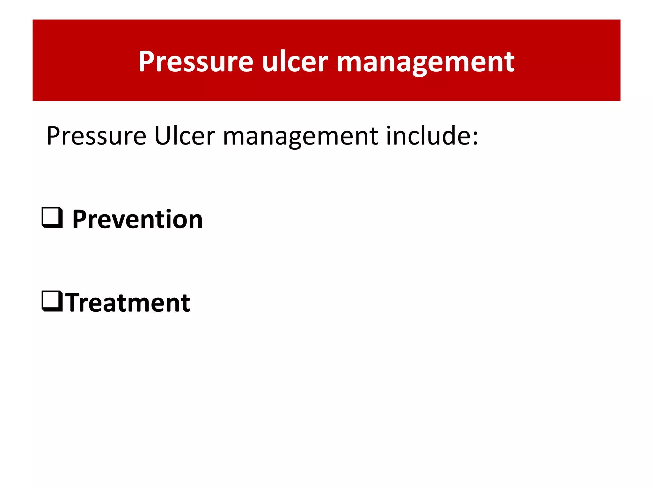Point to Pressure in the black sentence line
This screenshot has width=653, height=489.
click(96, 136)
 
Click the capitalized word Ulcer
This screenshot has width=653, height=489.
click(185, 136)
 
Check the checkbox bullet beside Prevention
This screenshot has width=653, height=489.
click(52, 218)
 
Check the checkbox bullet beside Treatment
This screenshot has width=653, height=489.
click(52, 301)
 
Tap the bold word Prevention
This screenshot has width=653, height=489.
click(137, 219)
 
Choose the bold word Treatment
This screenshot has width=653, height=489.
click(128, 303)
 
